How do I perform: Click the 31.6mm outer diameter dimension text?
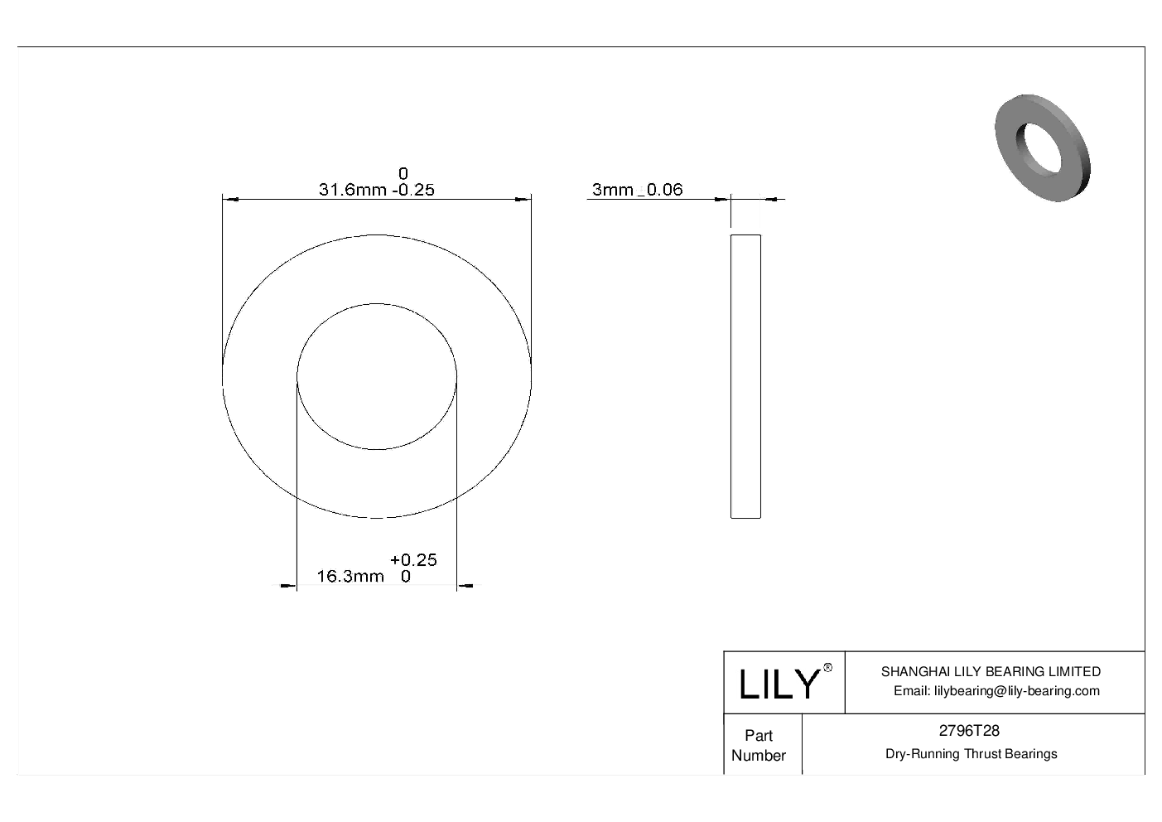click(352, 190)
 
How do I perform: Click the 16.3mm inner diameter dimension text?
click(350, 577)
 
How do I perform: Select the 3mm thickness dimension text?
click(612, 190)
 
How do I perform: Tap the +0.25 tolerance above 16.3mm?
click(413, 560)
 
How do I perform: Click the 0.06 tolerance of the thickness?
click(664, 190)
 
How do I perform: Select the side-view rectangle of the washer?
click(745, 376)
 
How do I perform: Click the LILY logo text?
click(778, 684)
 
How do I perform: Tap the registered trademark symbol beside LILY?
click(827, 668)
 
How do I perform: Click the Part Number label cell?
click(758, 745)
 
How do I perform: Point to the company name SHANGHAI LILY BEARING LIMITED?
click(990, 671)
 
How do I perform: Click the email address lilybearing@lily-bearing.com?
click(996, 691)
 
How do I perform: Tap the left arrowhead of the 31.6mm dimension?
click(231, 199)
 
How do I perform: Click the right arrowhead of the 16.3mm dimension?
click(465, 587)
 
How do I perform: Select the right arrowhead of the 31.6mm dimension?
click(523, 199)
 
